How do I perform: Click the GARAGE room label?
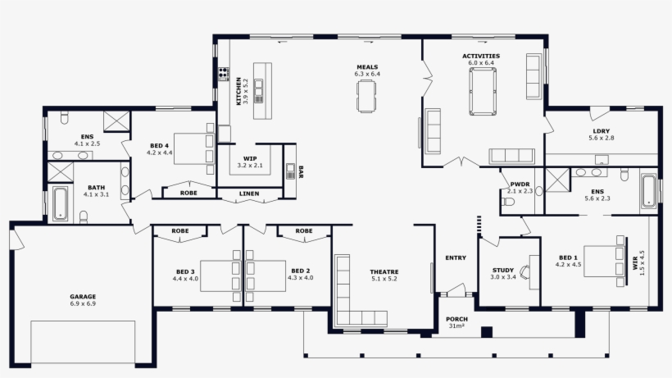tap(83, 296)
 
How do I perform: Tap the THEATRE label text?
tap(384, 271)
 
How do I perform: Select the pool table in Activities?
tap(483, 91)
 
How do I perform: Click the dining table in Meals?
tap(366, 97)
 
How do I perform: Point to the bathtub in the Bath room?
tap(60, 203)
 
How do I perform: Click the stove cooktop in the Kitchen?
tap(223, 74)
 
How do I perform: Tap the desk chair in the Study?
tap(524, 271)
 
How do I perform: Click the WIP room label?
tap(250, 158)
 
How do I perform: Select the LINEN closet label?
tap(249, 194)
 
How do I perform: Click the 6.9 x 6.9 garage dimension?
tap(83, 304)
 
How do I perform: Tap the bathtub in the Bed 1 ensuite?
tap(648, 191)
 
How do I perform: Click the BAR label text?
tap(301, 172)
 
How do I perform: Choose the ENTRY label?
tap(456, 257)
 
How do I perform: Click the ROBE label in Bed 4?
tap(188, 193)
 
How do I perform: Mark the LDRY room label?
tap(602, 131)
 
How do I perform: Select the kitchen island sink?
tap(258, 91)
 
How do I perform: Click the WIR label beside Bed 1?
tap(635, 263)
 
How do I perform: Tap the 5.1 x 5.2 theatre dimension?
tap(384, 279)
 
